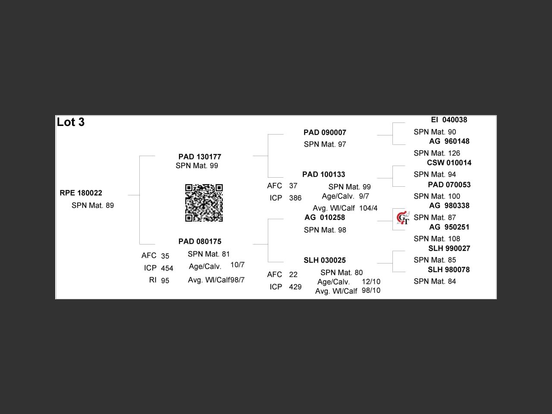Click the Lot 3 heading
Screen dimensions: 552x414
(71, 122)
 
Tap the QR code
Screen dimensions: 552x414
(204, 203)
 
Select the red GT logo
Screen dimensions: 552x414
(403, 218)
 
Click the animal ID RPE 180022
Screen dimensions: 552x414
(81, 193)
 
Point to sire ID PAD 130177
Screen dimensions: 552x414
(200, 157)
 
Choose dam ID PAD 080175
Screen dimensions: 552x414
(200, 241)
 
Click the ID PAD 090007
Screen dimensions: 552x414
(325, 132)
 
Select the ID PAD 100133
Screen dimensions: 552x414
(324, 175)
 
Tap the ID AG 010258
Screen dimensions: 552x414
(325, 217)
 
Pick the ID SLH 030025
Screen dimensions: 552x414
(325, 260)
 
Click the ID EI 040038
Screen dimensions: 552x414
(449, 120)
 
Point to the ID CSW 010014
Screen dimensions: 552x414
(449, 163)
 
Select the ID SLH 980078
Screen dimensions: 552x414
(449, 270)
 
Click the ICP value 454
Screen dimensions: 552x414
(167, 269)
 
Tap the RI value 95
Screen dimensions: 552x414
(165, 281)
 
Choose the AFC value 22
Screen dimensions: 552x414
(293, 275)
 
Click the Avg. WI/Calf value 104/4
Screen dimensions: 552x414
(368, 208)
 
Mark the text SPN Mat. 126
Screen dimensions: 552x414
(437, 153)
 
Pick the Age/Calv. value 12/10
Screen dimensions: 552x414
(371, 282)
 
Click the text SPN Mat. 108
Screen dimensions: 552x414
(437, 239)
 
